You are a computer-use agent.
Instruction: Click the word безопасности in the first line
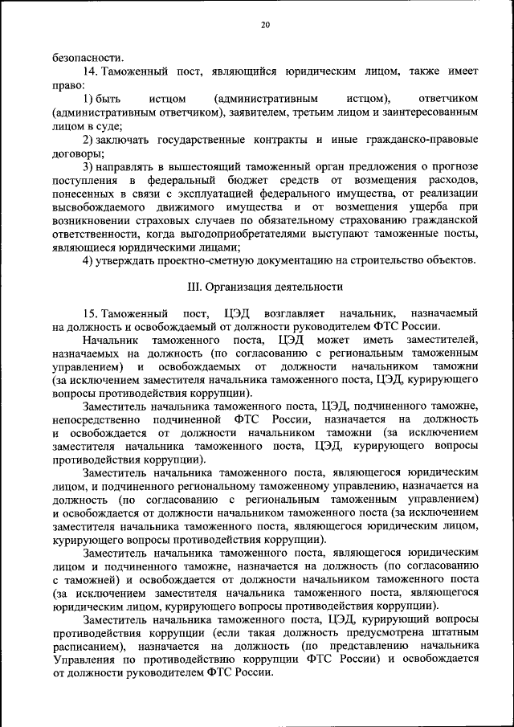point(88,57)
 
